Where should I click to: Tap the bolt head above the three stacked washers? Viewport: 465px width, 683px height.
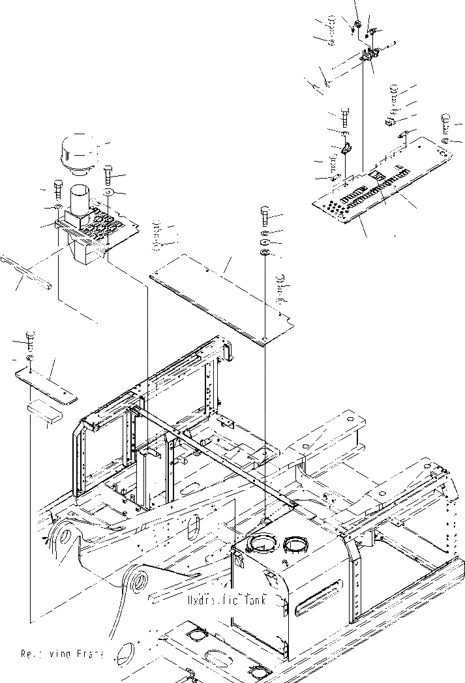(265, 214)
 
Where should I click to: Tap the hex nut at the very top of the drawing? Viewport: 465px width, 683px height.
(357, 26)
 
